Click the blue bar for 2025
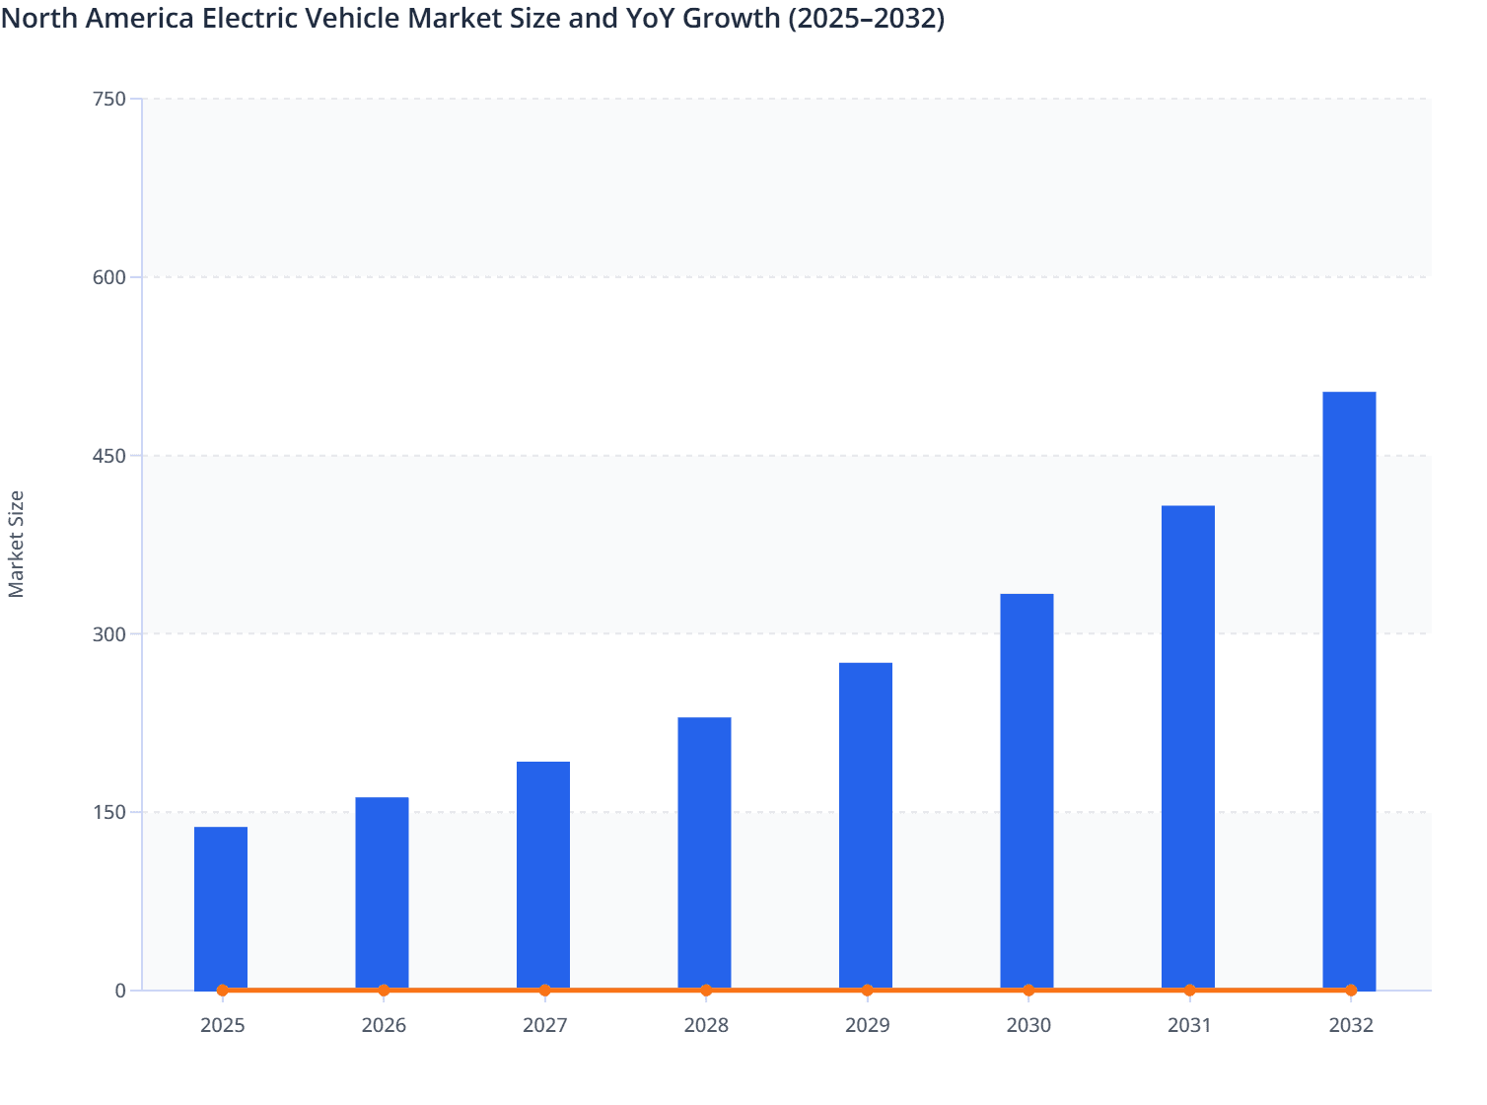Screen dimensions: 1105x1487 coord(221,908)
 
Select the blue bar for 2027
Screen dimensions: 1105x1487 coord(543,875)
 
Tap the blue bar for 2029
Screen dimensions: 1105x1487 coord(866,826)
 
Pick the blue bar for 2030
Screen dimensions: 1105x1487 coord(1027,791)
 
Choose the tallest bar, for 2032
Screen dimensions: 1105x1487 coord(1349,691)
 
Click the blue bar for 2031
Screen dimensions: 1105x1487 coord(1188,747)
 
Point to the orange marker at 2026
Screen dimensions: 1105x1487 coord(384,990)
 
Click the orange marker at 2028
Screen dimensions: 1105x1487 coord(706,990)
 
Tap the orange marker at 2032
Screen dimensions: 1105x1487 coord(1351,990)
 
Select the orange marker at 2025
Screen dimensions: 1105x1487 coord(223,990)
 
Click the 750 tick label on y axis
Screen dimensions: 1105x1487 coord(108,99)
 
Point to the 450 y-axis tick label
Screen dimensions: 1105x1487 coord(108,456)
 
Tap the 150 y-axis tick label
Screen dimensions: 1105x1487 coord(108,812)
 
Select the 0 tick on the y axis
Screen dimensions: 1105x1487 coord(120,991)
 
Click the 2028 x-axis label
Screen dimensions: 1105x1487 coord(706,1025)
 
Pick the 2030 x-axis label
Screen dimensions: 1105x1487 coord(1028,1025)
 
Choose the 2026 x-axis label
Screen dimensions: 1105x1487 coord(384,1025)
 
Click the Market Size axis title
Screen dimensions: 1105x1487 coord(17,544)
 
